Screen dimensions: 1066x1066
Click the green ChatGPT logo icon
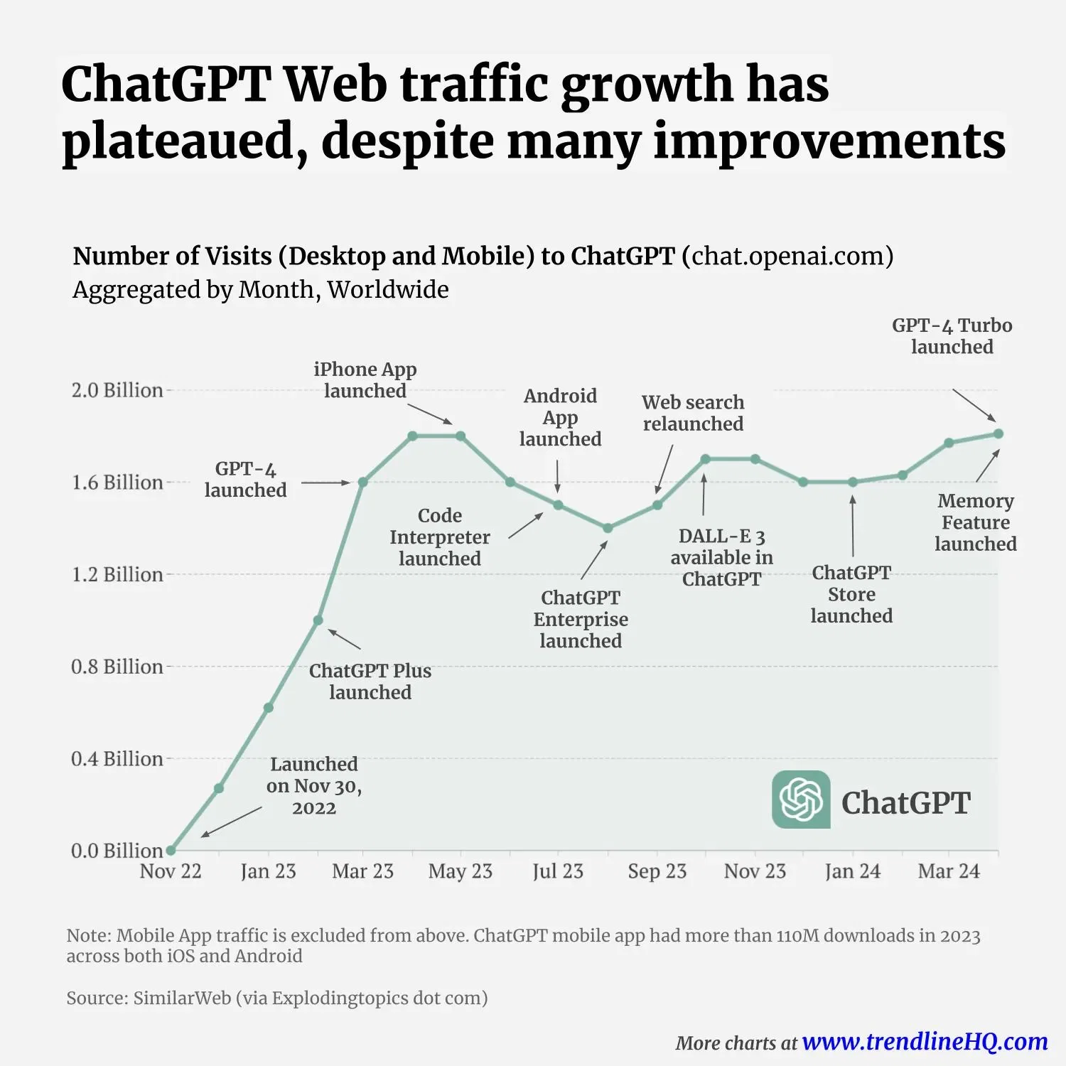801,799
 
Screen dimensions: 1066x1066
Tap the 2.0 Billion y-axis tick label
117,390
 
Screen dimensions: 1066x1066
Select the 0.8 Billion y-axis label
117,667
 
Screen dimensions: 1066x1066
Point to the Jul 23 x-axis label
558,871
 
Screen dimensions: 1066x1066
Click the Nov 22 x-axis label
171,871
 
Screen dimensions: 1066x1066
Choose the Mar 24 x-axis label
949,871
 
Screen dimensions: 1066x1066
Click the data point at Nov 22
171,850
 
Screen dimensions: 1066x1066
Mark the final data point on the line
998,434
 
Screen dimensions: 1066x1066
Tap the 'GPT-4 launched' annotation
246,480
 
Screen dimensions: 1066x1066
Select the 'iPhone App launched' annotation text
365,380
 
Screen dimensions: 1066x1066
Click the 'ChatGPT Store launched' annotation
851,594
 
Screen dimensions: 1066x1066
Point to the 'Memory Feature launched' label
975,522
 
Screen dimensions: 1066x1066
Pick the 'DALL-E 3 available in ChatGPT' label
721,558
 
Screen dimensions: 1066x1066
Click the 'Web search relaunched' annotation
693,413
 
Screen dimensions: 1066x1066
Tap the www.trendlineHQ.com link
925,1042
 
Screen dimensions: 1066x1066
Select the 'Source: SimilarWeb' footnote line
277,998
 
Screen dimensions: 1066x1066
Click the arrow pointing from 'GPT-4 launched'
325,483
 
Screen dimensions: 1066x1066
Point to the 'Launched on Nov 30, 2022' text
314,786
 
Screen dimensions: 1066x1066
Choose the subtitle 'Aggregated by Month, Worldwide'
261,290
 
